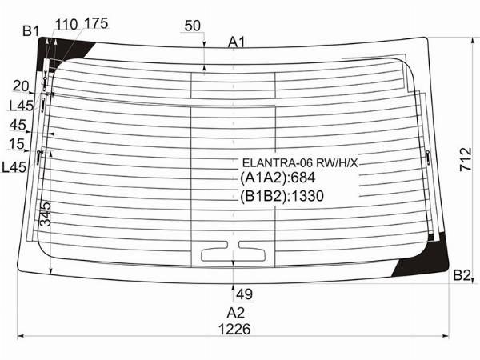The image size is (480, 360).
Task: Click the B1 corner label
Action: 31,31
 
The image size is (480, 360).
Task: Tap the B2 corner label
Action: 462,275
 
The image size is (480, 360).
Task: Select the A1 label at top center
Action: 236,42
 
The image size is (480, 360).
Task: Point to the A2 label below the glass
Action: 236,313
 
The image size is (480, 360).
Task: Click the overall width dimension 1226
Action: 234,329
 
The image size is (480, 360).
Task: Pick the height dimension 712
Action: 466,159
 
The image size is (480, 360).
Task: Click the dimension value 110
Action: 66,24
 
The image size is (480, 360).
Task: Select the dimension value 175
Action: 95,23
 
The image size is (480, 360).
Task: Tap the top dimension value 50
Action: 192,26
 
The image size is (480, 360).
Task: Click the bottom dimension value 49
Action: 244,294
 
